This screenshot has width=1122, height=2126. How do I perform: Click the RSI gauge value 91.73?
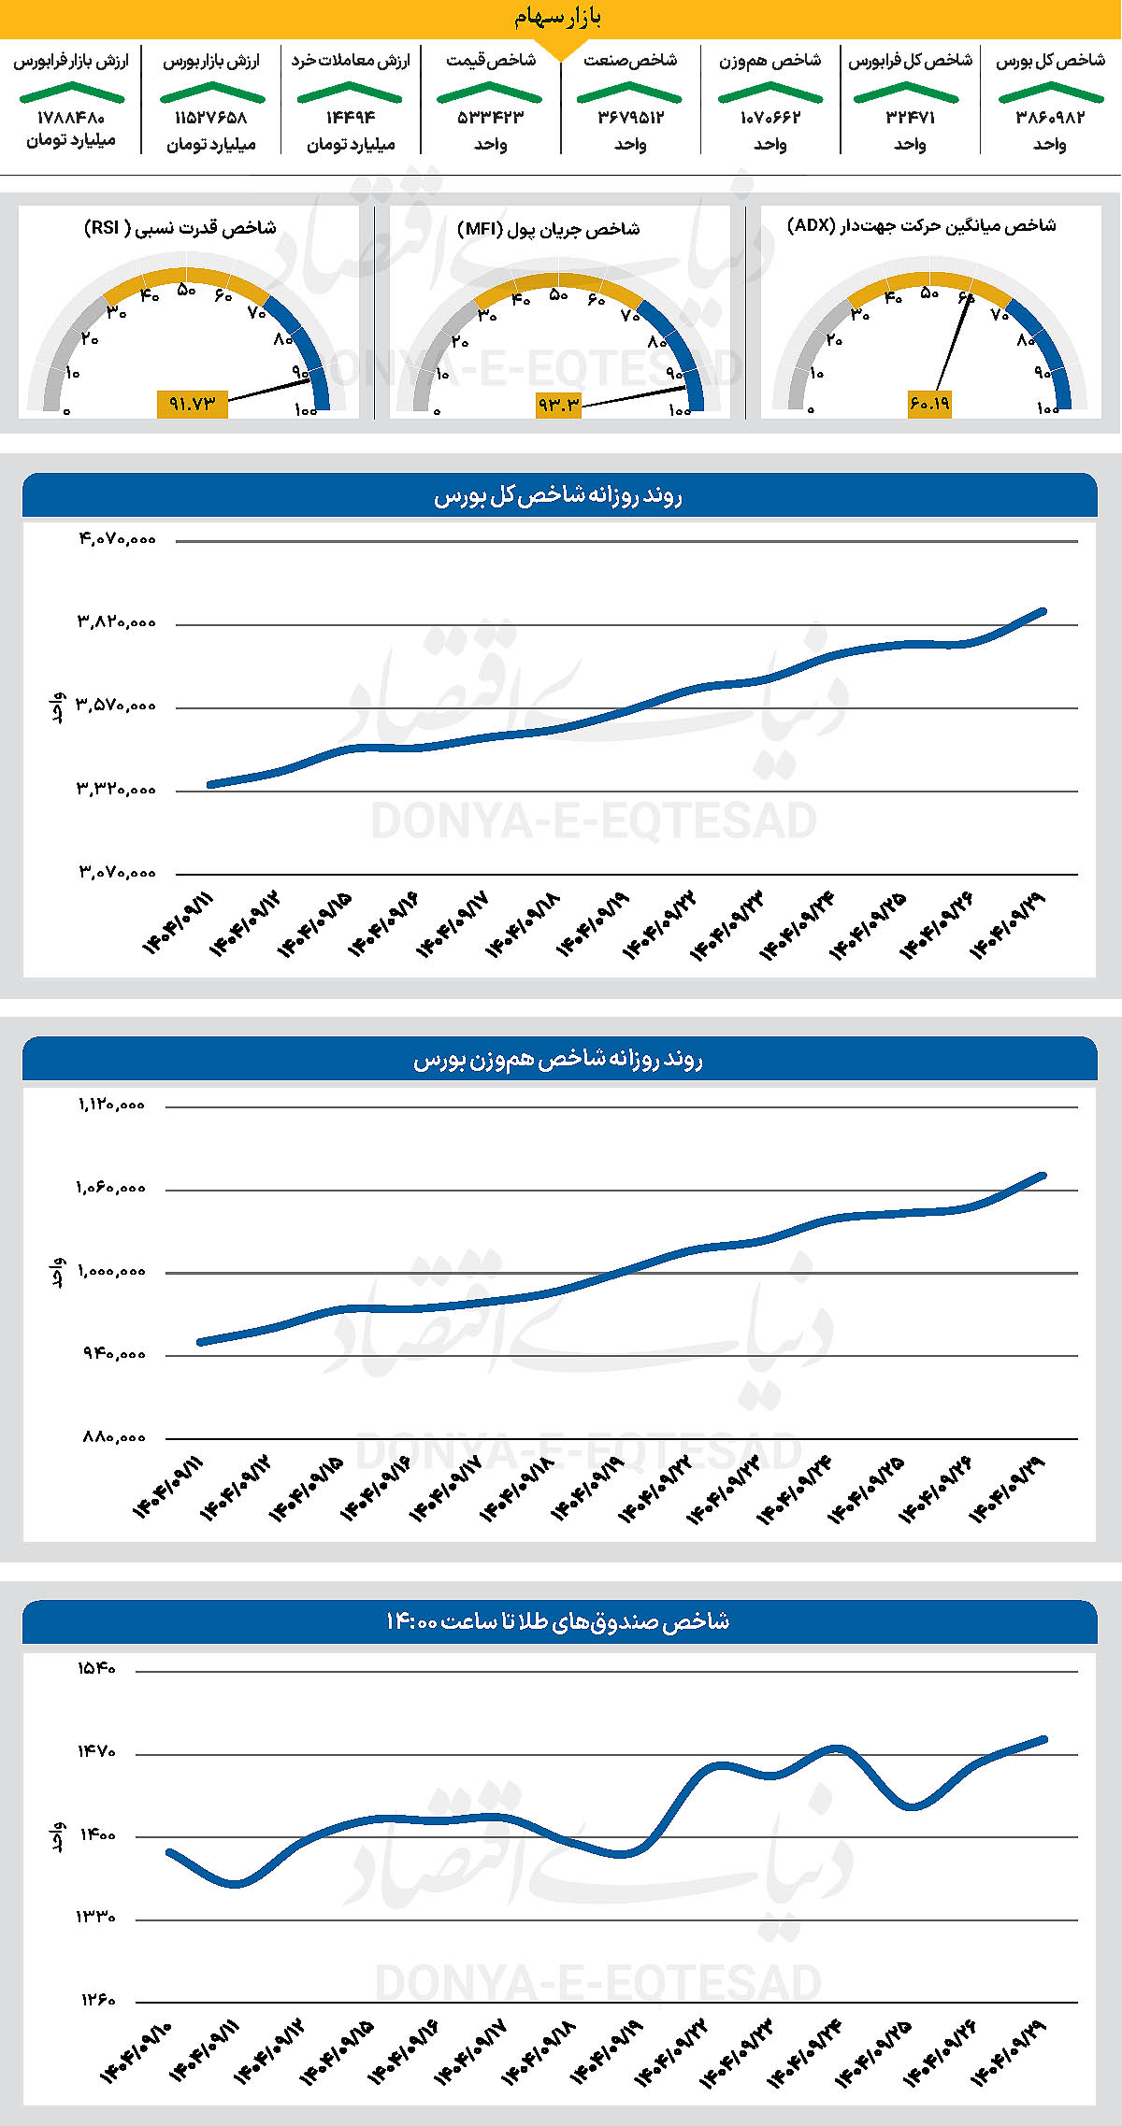coord(193,404)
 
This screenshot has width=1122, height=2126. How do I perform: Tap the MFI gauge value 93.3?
coord(559,404)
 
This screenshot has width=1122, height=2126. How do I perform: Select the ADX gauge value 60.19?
coord(929,403)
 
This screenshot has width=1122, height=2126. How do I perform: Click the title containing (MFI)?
coord(549,229)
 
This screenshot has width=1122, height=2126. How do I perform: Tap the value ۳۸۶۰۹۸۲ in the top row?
coord(1050,118)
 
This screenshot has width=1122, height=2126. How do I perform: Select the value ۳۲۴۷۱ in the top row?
coord(910,118)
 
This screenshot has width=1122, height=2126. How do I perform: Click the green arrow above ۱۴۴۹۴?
coord(350,93)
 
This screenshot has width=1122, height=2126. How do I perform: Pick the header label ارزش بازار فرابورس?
coord(71,61)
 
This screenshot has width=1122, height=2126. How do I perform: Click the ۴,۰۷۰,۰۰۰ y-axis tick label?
coord(117,539)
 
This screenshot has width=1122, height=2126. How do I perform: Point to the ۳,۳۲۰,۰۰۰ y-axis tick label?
coord(117,790)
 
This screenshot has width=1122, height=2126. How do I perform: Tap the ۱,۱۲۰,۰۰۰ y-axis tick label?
coord(111,1105)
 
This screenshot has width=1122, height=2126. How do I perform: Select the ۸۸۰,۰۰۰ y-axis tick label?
coord(114,1437)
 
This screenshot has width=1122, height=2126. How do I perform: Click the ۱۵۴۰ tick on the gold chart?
coord(96,1669)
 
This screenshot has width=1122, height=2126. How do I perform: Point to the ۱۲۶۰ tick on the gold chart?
coord(96,2001)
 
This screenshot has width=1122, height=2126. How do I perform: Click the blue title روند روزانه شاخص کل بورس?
coord(558,496)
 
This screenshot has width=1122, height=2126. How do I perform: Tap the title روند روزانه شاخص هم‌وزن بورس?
coord(558,1060)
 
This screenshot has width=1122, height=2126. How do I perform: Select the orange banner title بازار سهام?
coord(558,17)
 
